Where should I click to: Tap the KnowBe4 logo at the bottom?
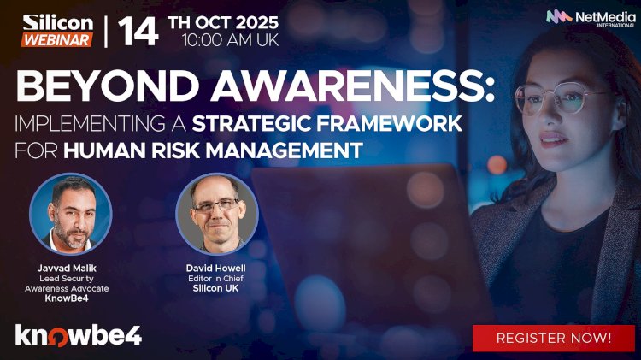point(78,334)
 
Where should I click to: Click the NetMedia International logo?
point(585,17)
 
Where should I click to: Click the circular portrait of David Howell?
point(216,215)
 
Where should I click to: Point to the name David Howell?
point(216,268)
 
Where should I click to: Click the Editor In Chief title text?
point(216,279)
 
